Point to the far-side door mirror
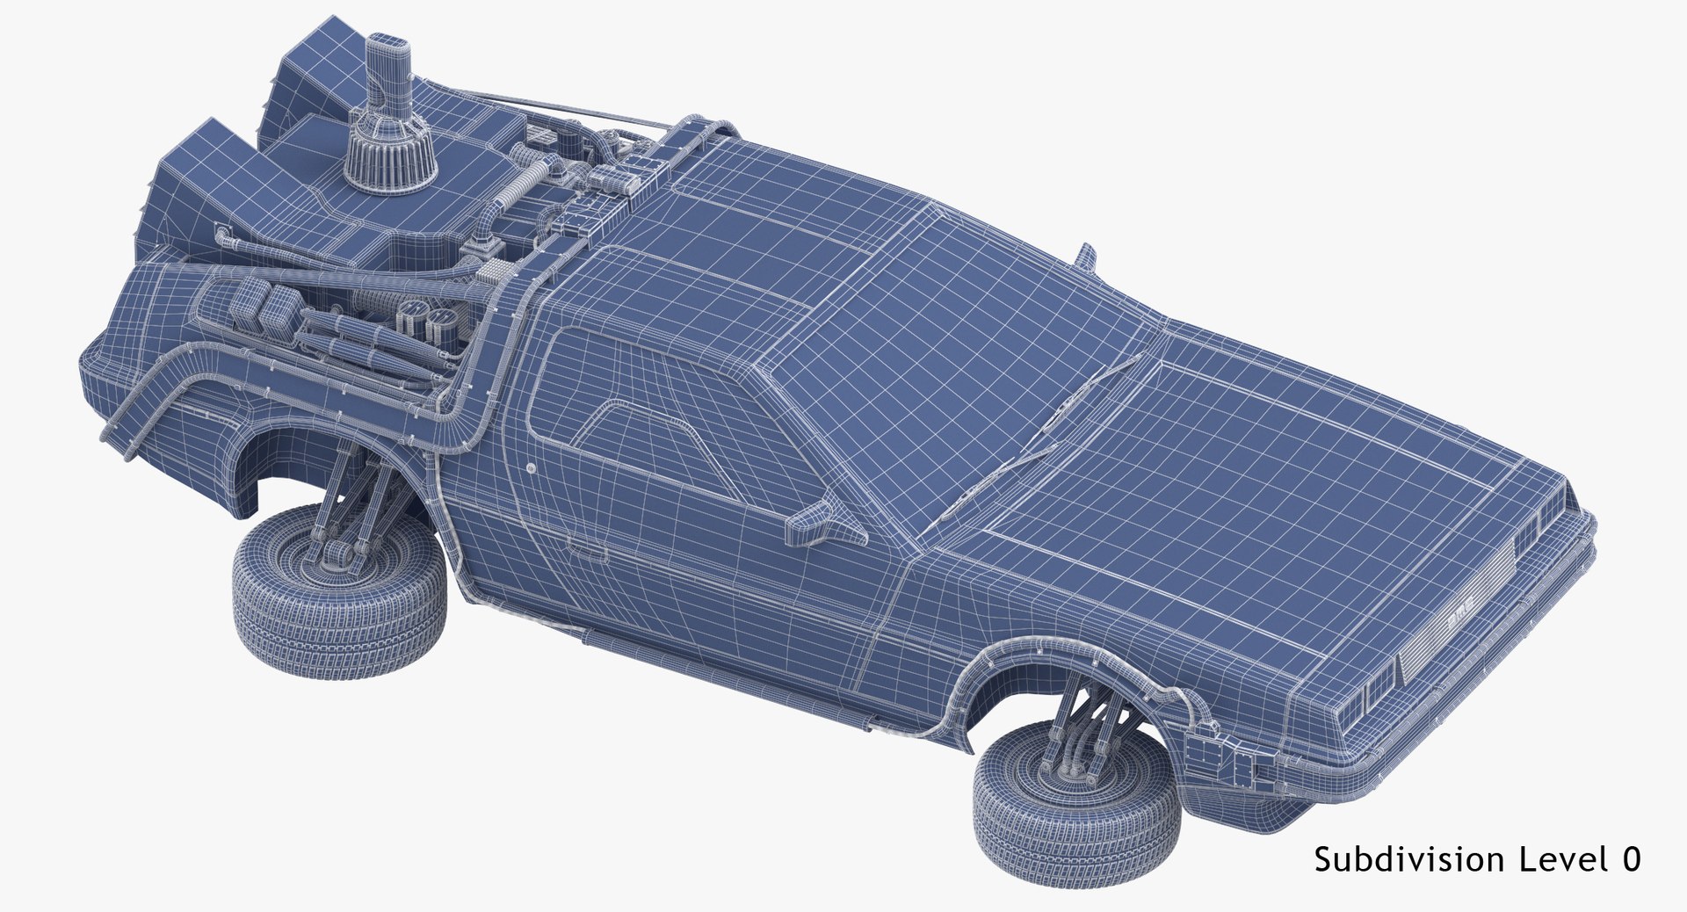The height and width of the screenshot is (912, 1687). click(1088, 257)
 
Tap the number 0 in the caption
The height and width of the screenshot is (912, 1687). click(1631, 859)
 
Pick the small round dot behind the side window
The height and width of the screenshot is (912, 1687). click(532, 469)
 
